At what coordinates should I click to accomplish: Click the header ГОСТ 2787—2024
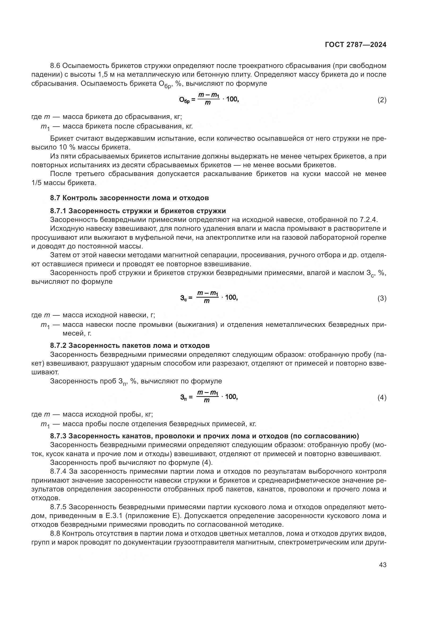355,45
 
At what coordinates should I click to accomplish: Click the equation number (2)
382,100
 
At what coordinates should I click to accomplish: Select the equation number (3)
382,298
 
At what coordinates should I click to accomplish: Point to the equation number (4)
382,398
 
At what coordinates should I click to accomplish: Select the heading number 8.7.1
58,211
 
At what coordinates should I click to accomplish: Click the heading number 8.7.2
58,345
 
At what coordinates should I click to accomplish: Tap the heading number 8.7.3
58,436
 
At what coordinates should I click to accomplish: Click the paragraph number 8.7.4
58,472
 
